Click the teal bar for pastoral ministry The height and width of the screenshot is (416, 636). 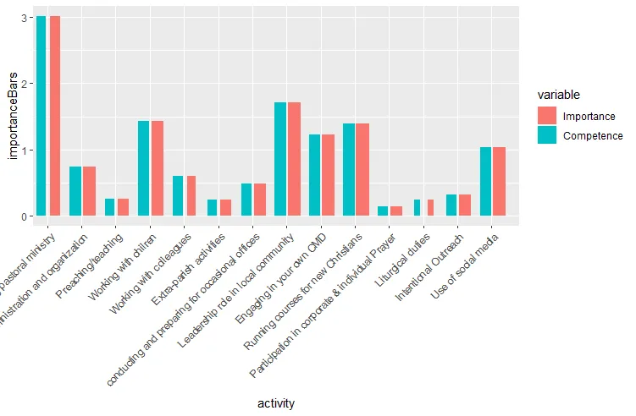[x=41, y=116]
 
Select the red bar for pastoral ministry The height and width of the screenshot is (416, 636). [x=55, y=116]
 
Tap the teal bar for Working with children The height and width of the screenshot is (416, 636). [x=144, y=168]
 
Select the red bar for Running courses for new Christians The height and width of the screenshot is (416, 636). [x=362, y=170]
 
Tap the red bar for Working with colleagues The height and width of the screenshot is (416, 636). [x=191, y=196]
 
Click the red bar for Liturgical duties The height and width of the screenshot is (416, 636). [x=430, y=208]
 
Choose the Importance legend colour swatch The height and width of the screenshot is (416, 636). [x=547, y=116]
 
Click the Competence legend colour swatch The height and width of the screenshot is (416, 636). [x=547, y=135]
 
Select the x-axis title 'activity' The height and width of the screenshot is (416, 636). [x=276, y=404]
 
